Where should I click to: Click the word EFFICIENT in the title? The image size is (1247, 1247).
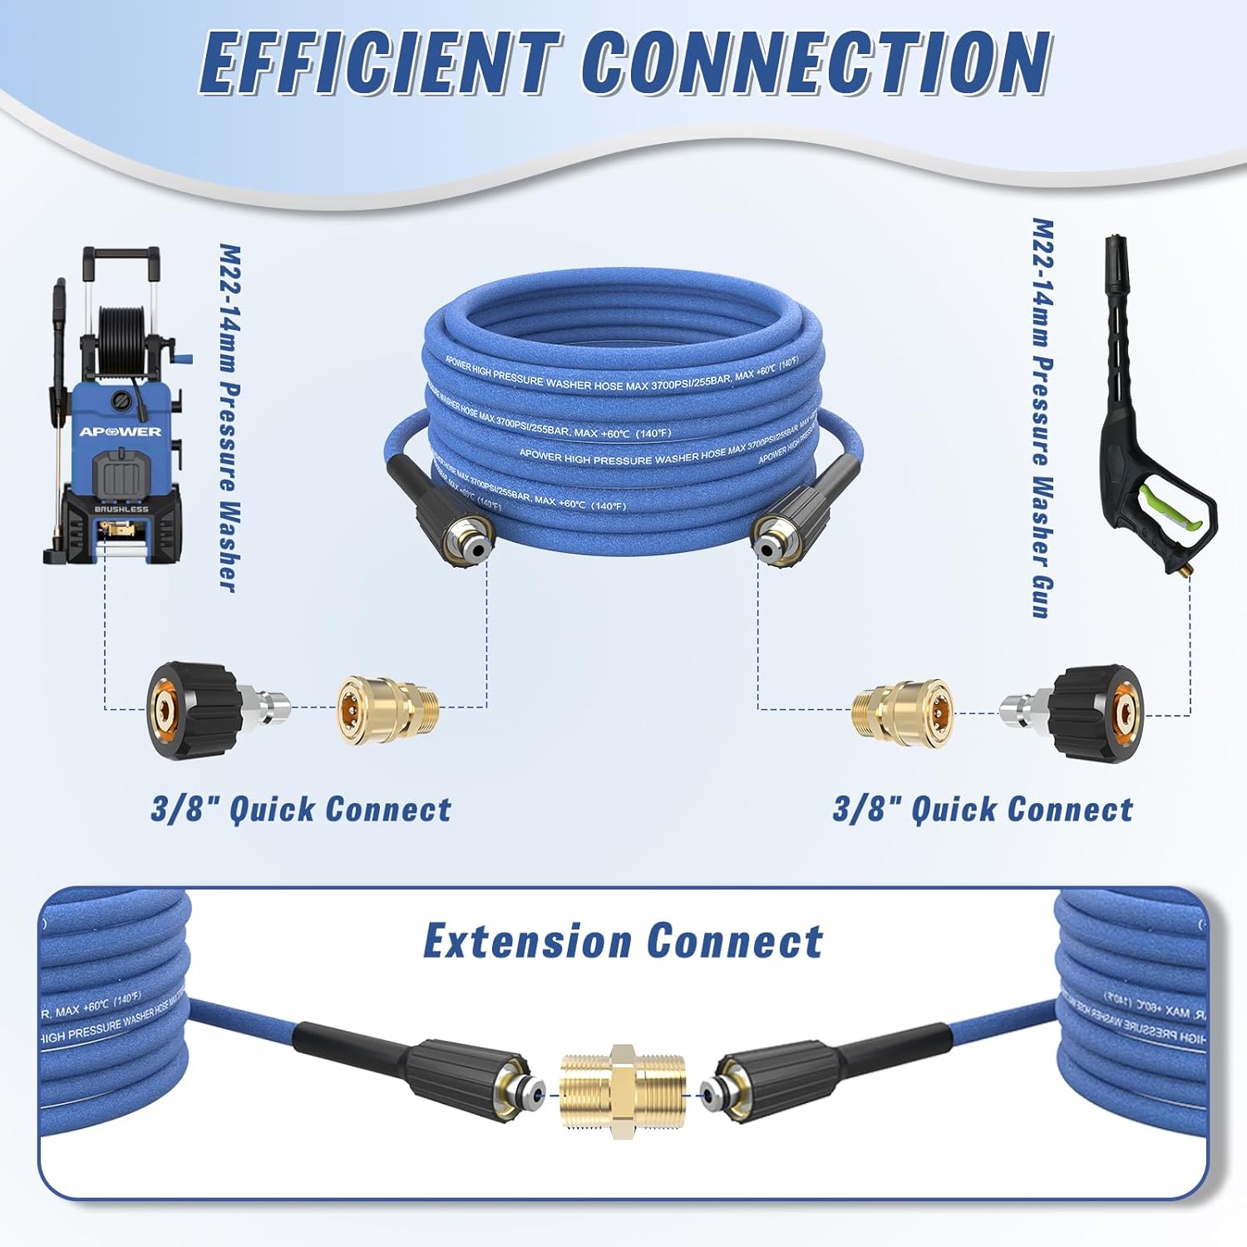pos(378,65)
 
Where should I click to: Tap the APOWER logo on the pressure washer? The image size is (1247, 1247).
pos(121,431)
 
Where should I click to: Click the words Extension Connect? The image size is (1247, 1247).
pos(623,942)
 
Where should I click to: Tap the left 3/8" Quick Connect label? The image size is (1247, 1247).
pos(301,810)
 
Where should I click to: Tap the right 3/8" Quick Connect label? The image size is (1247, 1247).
pos(983,810)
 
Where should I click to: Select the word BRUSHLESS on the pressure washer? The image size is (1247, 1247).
pos(121,509)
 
